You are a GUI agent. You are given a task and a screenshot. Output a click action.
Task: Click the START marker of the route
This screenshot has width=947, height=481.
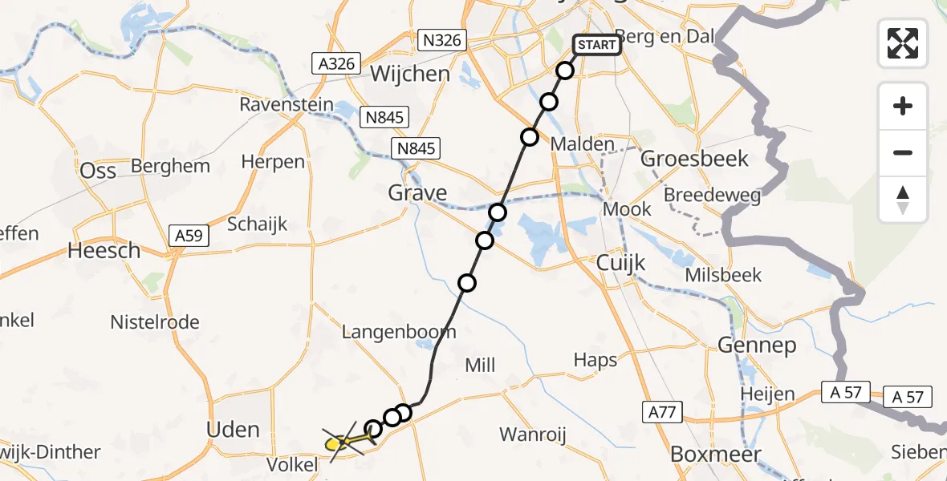coord(596,45)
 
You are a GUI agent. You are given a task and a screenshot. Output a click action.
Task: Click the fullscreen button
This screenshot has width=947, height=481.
coord(903,42)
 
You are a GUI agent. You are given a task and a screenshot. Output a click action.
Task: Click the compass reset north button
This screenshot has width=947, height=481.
coord(903,200)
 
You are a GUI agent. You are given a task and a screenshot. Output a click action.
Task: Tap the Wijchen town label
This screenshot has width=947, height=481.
coord(410,75)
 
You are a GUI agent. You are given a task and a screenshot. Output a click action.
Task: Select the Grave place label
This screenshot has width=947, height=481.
coord(417,193)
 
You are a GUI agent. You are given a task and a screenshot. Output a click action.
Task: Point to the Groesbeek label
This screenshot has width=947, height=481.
coord(695,159)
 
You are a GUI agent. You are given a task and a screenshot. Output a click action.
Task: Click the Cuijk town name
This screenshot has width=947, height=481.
coord(621,263)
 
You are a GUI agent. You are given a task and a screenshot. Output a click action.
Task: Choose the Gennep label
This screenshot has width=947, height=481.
coord(757,346)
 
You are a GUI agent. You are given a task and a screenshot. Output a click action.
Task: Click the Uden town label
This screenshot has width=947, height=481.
coord(233,430)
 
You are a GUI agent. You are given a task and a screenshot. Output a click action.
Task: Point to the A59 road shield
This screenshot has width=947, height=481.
coord(190,236)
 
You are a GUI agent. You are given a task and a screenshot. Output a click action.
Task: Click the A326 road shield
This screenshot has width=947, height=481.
coord(336,63)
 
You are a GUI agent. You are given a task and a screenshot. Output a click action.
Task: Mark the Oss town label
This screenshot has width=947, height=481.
coord(98,171)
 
